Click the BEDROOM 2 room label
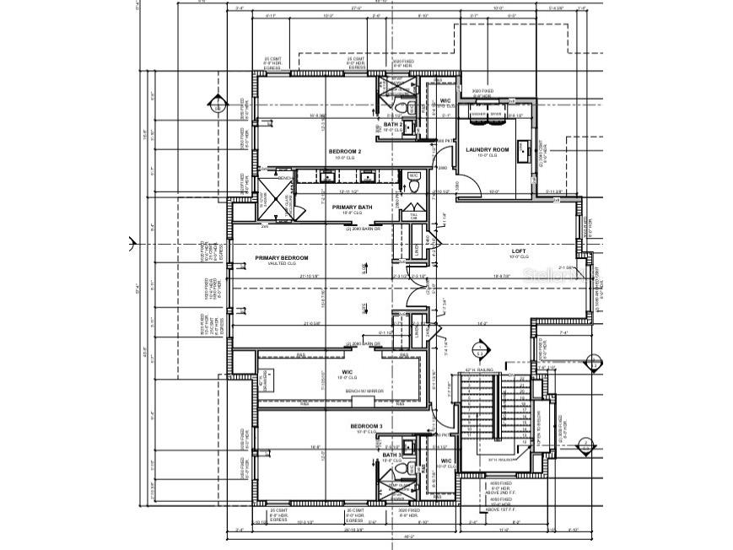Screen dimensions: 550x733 pos(345,152)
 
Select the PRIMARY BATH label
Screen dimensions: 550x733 pos(352,207)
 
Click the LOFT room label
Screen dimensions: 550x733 pos(519,251)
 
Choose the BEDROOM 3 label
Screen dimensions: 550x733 pos(367,427)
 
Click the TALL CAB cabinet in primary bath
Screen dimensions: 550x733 pos(412,216)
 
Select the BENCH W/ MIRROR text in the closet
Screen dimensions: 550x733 pos(364,391)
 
